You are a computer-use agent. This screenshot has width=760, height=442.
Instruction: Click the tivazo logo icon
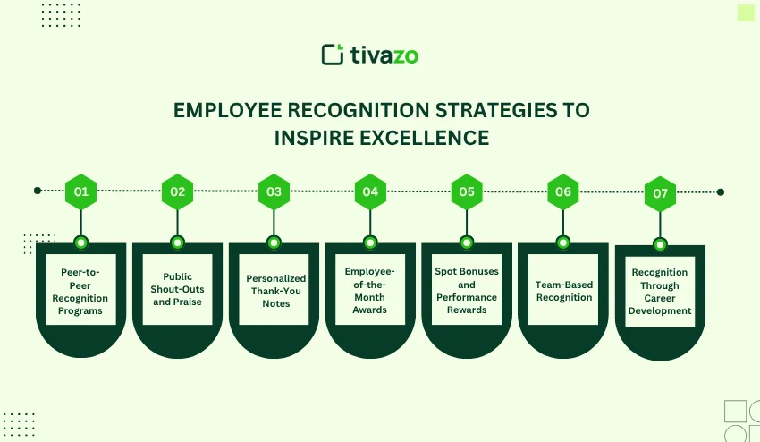[333, 55]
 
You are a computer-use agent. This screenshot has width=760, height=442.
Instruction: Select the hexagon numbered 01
[81, 191]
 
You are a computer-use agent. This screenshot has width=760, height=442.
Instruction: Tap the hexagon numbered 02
[177, 191]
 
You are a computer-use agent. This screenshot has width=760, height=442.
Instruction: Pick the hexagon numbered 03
[274, 191]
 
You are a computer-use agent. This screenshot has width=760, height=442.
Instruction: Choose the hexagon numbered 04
[370, 191]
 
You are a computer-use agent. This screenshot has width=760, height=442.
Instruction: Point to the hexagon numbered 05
[467, 191]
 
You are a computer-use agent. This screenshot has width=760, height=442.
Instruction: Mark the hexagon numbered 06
[563, 191]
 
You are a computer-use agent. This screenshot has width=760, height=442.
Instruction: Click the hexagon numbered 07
[660, 193]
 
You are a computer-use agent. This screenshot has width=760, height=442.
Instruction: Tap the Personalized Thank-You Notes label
[275, 291]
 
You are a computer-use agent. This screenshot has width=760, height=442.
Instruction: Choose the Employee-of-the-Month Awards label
[370, 290]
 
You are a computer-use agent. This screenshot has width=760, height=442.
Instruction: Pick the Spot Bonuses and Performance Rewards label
[467, 290]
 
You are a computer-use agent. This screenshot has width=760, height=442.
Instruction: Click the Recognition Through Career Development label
[660, 292]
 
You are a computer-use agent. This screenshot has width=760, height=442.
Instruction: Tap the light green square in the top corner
[746, 12]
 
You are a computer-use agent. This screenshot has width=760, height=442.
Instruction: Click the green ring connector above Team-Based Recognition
[563, 242]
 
